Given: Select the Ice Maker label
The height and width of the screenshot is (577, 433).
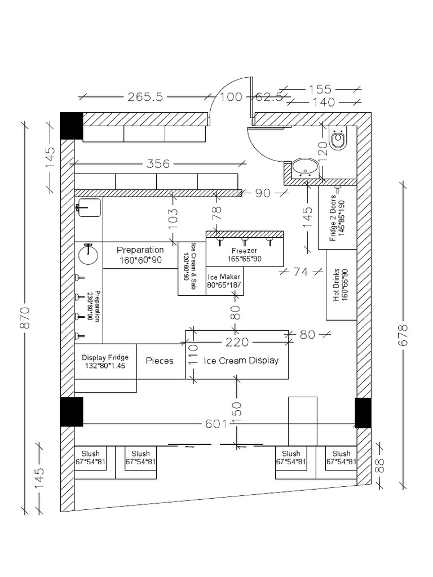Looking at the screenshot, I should [224, 281].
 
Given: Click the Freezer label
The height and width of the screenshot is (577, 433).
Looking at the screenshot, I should [244, 255].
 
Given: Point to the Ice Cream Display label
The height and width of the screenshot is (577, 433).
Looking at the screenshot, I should [241, 361].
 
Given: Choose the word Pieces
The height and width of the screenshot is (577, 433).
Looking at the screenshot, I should [160, 361].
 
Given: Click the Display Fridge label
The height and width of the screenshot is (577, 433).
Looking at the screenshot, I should [105, 361].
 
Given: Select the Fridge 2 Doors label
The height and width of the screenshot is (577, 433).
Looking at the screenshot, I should [337, 216].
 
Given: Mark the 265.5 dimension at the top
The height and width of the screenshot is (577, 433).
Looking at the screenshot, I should [145, 97].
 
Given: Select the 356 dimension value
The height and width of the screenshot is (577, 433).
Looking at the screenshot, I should [158, 164].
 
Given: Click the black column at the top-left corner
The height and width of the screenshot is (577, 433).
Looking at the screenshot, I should [72, 126].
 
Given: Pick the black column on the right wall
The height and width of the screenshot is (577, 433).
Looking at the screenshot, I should [363, 412].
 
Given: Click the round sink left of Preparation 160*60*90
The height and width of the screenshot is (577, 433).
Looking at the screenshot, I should [89, 255].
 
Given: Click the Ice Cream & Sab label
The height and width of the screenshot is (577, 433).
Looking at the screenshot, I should [192, 265].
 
